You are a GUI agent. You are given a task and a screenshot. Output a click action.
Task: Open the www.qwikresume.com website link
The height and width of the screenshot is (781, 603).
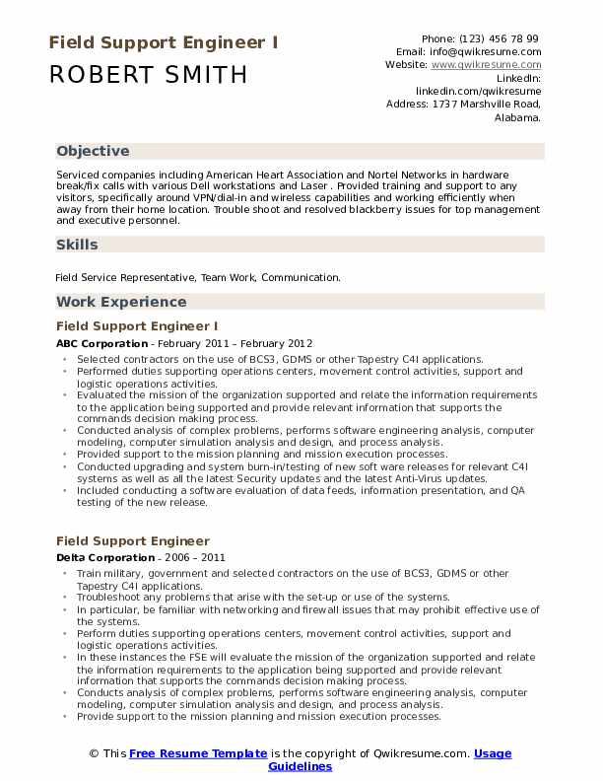coord(486,64)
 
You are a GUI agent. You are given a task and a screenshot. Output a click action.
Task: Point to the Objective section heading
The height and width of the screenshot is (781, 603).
coord(93,151)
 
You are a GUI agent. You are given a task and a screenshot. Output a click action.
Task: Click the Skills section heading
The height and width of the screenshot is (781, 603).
coord(77,245)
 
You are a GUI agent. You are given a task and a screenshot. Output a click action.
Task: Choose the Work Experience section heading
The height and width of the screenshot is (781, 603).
coord(121,302)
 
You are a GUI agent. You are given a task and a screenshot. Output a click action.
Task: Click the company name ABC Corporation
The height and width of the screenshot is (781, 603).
coord(99,343)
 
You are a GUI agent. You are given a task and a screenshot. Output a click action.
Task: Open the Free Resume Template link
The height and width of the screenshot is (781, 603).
coord(198,753)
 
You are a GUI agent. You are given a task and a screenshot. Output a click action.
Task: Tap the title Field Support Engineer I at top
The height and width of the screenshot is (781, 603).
coord(163,43)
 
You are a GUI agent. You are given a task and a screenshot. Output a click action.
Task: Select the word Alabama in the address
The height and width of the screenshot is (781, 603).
coord(517,115)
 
